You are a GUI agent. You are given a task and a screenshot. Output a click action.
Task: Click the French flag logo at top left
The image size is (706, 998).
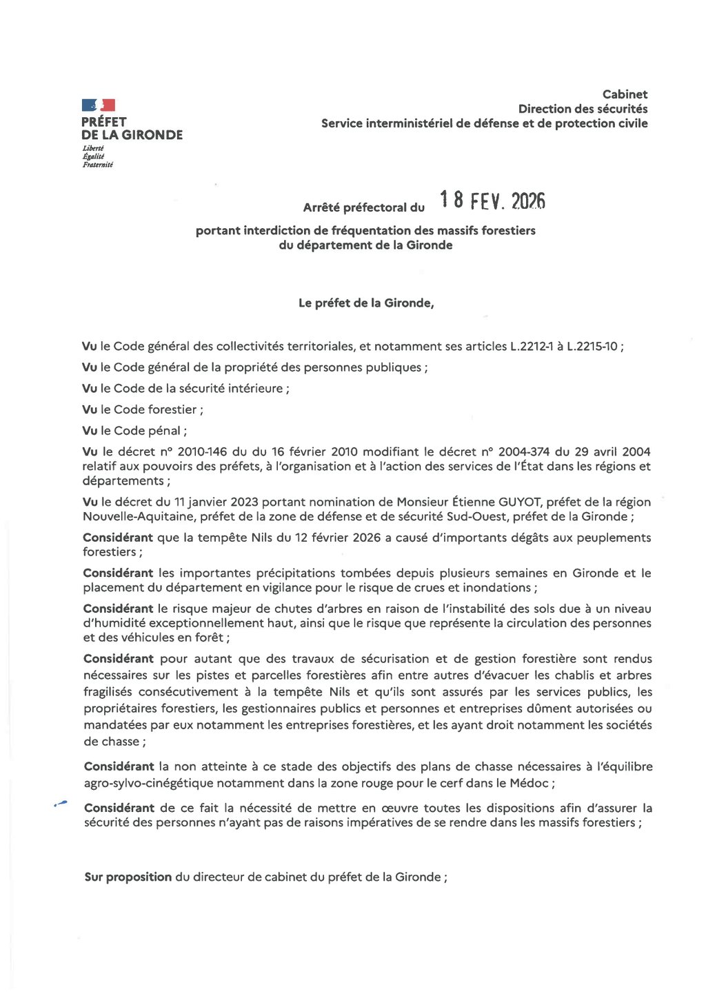(98, 105)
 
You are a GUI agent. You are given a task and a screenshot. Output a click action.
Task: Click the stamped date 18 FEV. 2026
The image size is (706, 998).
(492, 201)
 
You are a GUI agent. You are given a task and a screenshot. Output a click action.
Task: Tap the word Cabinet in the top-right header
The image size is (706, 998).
(625, 94)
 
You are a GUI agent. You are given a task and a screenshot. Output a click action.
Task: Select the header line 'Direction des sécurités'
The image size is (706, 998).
(583, 109)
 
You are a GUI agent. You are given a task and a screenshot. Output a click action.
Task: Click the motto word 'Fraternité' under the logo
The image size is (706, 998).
(98, 165)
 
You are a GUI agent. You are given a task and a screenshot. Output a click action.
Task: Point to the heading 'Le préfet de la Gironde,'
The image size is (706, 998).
(366, 303)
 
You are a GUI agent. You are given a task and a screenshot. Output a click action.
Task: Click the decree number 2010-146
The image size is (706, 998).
(202, 452)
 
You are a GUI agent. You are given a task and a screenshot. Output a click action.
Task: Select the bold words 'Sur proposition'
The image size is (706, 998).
(128, 877)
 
